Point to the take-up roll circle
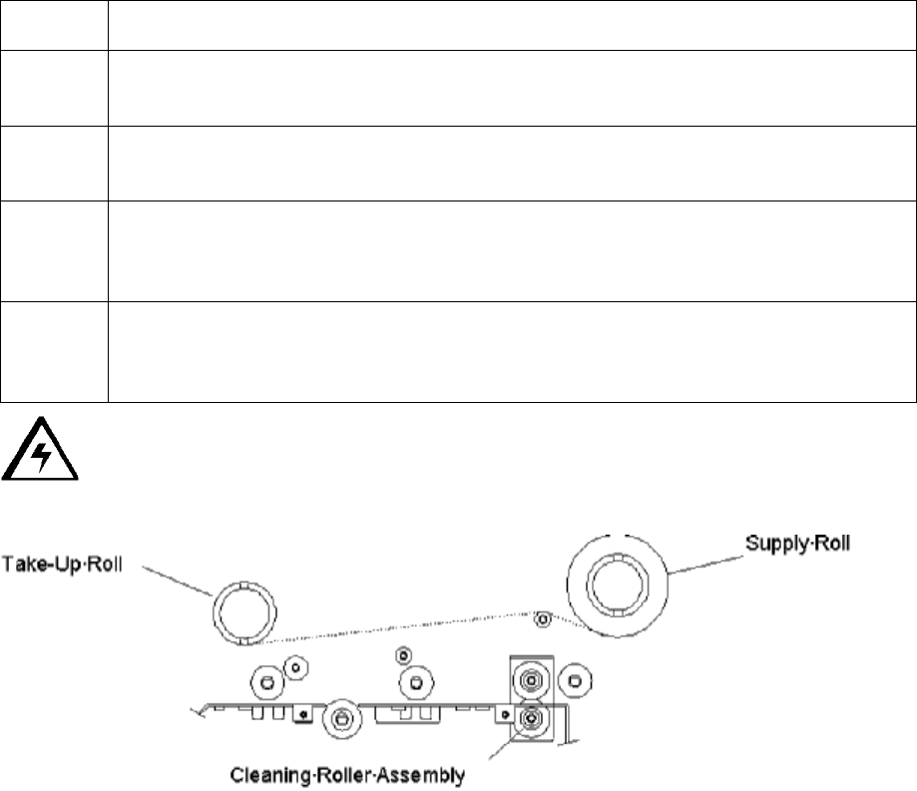[242, 606]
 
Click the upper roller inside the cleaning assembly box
[529, 681]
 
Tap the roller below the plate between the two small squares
[342, 716]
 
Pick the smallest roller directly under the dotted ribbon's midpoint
[402, 655]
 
